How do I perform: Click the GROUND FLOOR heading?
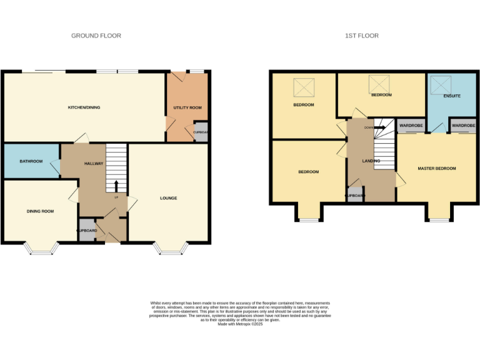pos(96,36)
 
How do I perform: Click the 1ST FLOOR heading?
pos(362,36)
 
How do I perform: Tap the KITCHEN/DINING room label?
pos(84,107)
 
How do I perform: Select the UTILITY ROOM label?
pos(187,107)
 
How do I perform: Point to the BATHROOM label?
pos(31,161)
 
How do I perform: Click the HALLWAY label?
pos(94,164)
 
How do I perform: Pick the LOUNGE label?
pos(169,198)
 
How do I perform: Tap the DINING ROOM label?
pos(40,211)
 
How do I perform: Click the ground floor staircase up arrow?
pos(116,185)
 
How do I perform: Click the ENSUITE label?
pos(452,97)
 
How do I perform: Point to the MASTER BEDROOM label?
pos(437,168)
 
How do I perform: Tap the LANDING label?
pos(371,161)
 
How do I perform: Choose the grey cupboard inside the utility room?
pos(201,132)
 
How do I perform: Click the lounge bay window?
pos(170,249)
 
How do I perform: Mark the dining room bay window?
pos(42,249)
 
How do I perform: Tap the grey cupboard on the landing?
pos(355,195)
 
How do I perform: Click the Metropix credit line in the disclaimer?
pos(240,324)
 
